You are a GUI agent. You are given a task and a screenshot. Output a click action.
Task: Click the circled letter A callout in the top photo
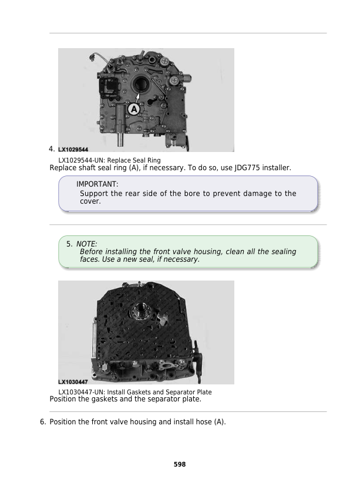pyautogui.click(x=134, y=109)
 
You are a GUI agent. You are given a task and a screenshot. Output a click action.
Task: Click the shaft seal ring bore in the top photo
pyautogui.click(x=140, y=85)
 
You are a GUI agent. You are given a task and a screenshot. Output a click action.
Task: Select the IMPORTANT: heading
pyautogui.click(x=97, y=184)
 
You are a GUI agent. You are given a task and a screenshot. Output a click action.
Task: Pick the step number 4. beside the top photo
pyautogui.click(x=52, y=148)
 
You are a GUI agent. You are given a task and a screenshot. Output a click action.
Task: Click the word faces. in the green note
pyautogui.click(x=89, y=259)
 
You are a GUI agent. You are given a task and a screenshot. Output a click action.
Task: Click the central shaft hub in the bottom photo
pyautogui.click(x=143, y=308)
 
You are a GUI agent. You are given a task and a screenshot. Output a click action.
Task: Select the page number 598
pyautogui.click(x=180, y=464)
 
